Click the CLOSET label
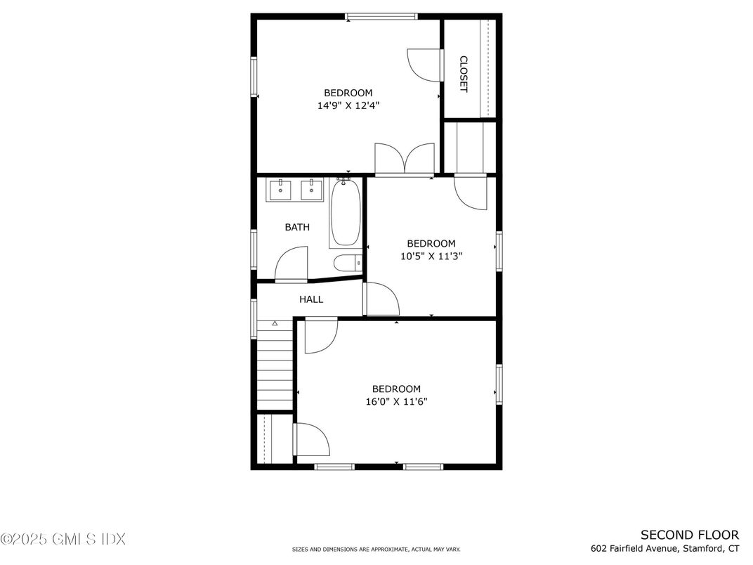tap(464, 74)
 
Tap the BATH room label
tap(297, 227)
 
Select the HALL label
tap(311, 299)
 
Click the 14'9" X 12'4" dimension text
tap(348, 106)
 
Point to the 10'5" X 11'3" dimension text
tap(431, 256)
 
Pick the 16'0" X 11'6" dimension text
tap(396, 402)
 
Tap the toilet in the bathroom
tap(348, 264)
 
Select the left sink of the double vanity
tap(281, 190)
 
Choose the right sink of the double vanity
tap(311, 190)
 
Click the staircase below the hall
tap(275, 365)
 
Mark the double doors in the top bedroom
tap(405, 159)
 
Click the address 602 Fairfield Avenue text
tap(664, 548)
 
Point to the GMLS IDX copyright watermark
tap(63, 539)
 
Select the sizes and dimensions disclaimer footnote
tap(376, 550)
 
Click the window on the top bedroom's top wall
tap(381, 16)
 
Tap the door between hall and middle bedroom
tap(381, 299)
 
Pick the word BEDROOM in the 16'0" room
tap(396, 389)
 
